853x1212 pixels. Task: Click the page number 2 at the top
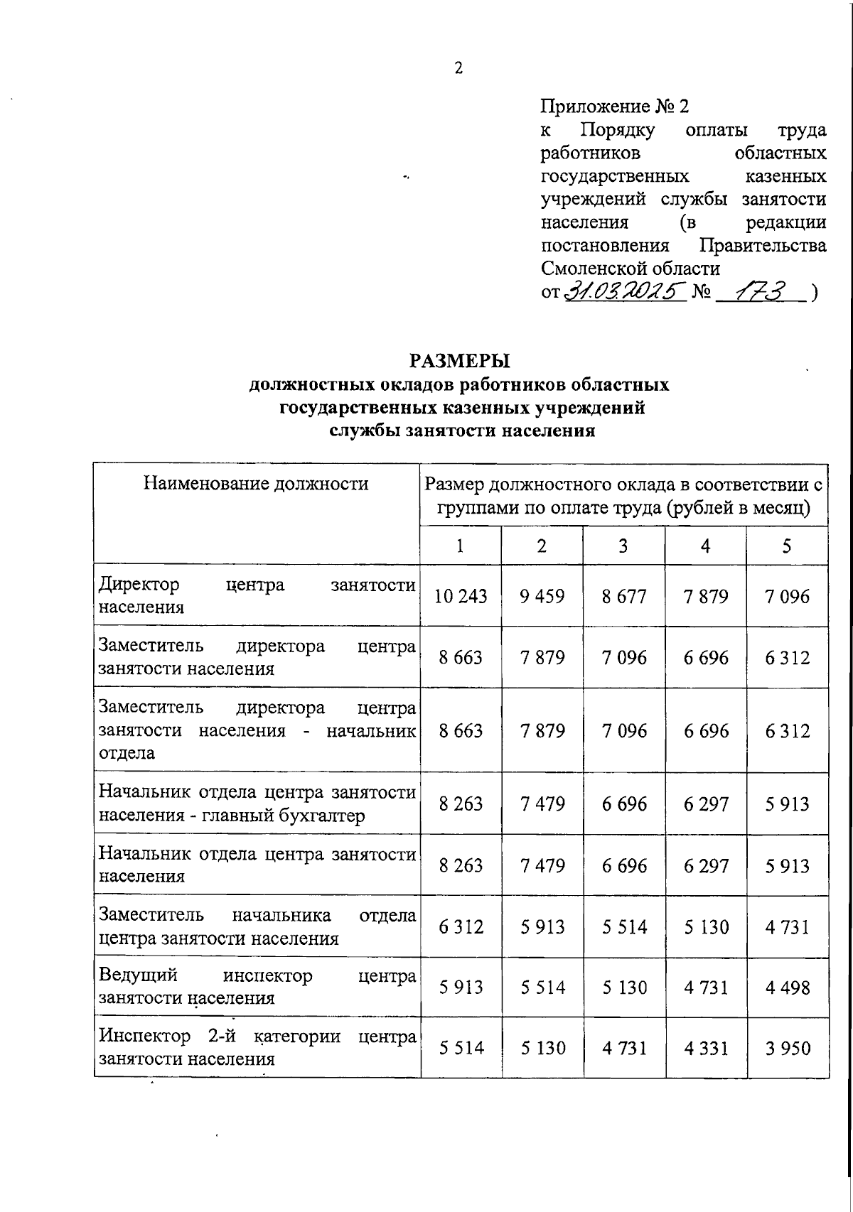pyautogui.click(x=458, y=68)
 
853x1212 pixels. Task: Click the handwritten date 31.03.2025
pyautogui.click(x=625, y=291)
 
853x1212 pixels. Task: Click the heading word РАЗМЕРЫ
pyautogui.click(x=459, y=361)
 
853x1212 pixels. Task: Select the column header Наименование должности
pyautogui.click(x=256, y=484)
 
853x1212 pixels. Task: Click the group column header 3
pyautogui.click(x=623, y=546)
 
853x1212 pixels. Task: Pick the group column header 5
pyautogui.click(x=787, y=546)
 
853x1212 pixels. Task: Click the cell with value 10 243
pyautogui.click(x=461, y=596)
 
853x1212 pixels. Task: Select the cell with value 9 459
pyautogui.click(x=542, y=596)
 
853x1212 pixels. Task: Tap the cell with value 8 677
pyautogui.click(x=624, y=596)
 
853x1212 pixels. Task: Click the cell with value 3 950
pyautogui.click(x=787, y=1048)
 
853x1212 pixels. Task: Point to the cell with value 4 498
pyautogui.click(x=787, y=988)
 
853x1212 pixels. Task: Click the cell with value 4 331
pyautogui.click(x=706, y=1048)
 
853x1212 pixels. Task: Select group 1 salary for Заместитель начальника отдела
pyautogui.click(x=461, y=926)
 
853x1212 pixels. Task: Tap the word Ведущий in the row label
pyautogui.click(x=138, y=975)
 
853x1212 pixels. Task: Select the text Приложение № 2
pyautogui.click(x=615, y=107)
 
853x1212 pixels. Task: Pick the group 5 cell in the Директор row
pyautogui.click(x=787, y=596)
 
